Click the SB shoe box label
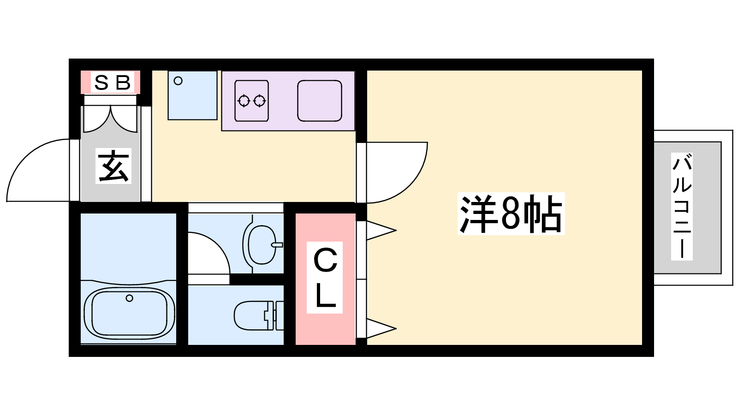pos(113,83)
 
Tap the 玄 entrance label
pos(113,166)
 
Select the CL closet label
pos(325,278)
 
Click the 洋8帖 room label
pos(511,214)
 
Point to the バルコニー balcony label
pos(682,206)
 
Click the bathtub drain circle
pos(130,298)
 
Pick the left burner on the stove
pos(244,101)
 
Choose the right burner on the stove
pos(260,101)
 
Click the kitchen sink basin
pos(320,101)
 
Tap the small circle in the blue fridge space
pos(178,81)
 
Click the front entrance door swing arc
pos(38,170)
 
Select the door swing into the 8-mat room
pos(397,172)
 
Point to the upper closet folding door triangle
pos(381,231)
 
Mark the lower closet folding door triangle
pos(381,328)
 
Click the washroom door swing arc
pos(209,253)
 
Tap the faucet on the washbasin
pos(277,245)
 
